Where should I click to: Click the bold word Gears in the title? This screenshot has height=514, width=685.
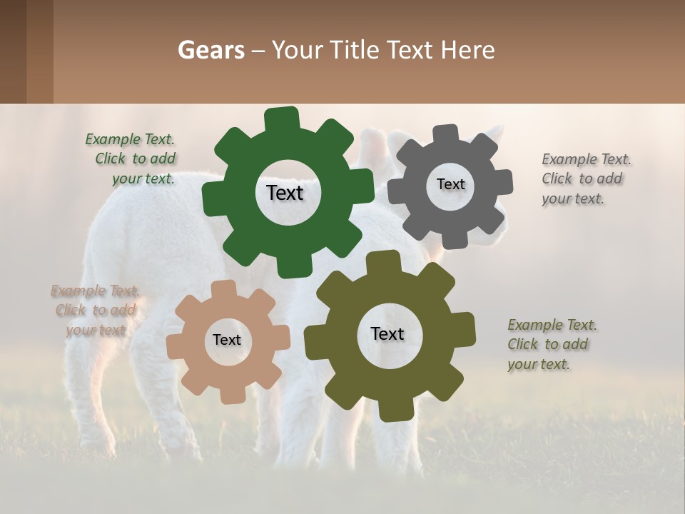[x=210, y=50]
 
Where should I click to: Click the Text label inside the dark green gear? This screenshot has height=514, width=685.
[x=285, y=193]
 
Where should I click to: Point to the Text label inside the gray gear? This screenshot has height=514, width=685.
[x=450, y=184]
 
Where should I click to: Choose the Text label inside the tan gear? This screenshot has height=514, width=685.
[x=227, y=341]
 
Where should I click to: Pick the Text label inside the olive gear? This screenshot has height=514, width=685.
[x=387, y=334]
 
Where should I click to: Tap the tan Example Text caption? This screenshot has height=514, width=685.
[x=96, y=310]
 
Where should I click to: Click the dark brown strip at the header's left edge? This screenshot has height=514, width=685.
[x=13, y=51]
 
